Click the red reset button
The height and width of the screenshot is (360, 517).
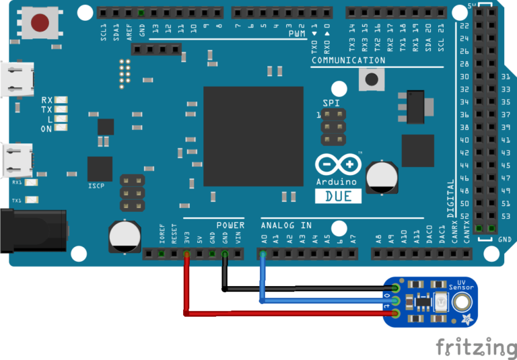(40, 23)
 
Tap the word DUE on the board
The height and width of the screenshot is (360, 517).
(338, 196)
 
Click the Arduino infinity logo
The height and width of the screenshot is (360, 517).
(337, 165)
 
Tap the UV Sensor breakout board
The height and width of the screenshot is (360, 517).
(431, 301)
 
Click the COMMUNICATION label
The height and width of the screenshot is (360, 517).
(348, 61)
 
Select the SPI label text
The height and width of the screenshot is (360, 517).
(331, 102)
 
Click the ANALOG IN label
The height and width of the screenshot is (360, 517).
(286, 225)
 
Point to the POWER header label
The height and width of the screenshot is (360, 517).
(231, 225)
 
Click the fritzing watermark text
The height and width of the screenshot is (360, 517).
(476, 347)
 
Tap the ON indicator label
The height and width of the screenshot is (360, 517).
(46, 129)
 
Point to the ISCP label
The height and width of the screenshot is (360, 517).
(96, 185)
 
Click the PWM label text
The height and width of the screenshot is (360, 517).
(296, 34)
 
